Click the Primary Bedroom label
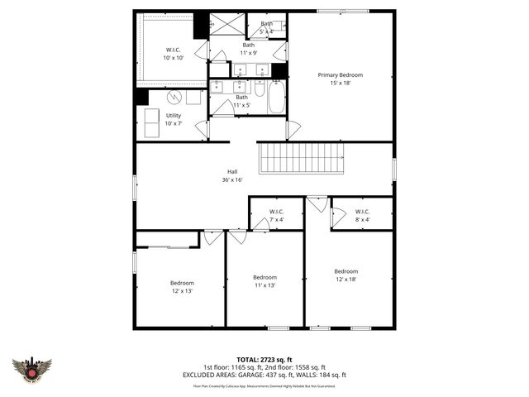[341, 74]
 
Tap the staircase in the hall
[300, 157]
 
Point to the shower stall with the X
[222, 25]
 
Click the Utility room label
[173, 115]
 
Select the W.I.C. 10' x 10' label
[173, 54]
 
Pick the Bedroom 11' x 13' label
[264, 280]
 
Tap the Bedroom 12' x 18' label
[346, 275]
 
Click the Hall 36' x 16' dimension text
[232, 179]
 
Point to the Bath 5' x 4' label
[266, 27]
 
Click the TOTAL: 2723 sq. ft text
[264, 360]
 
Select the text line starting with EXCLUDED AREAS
[264, 375]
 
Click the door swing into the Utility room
[201, 128]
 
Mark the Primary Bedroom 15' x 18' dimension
[341, 83]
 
